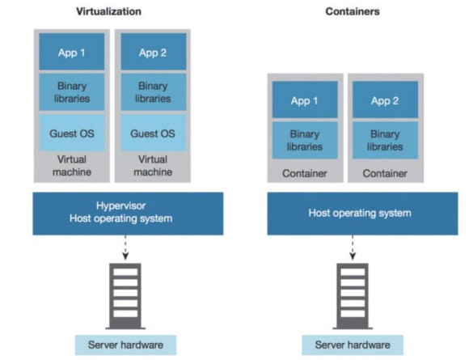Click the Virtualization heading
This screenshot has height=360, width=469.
coord(108,11)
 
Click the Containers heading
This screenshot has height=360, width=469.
coord(353,11)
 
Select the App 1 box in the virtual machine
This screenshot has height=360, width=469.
coord(72,52)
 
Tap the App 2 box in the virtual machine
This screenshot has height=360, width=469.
coord(154,52)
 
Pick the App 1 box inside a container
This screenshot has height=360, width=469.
coord(305,100)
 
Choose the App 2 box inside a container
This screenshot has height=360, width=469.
coord(385,100)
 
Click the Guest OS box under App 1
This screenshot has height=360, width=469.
coord(72,133)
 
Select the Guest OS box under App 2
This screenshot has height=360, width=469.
coord(154,133)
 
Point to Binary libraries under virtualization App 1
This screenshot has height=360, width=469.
coord(72,92)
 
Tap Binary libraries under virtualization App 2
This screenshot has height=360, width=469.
coord(154,92)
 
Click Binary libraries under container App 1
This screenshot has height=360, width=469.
coord(305,140)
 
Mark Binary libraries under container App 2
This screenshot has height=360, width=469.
coord(385,140)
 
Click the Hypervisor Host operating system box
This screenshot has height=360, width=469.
coord(128,214)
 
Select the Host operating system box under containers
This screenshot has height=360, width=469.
coord(362,214)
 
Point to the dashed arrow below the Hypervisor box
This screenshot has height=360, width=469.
coord(125,248)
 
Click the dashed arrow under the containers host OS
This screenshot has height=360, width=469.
coord(353,248)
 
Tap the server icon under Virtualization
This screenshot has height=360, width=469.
coord(125,296)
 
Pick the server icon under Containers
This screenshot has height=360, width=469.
coord(353,296)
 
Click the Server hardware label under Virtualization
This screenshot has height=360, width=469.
coord(125,345)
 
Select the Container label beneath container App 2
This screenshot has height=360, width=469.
coord(385,173)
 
